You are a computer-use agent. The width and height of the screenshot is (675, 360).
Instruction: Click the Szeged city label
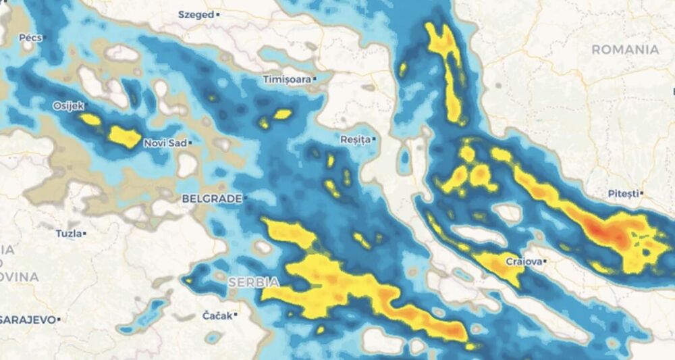tap(195, 14)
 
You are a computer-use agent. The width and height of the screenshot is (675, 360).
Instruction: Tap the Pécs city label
tap(30, 38)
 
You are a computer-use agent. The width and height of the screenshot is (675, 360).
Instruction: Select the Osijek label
tap(67, 106)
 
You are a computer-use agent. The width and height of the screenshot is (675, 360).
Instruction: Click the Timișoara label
tap(287, 80)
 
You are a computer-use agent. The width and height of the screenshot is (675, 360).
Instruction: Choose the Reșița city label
tap(355, 140)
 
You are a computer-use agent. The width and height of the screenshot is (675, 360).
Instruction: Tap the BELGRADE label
tap(211, 199)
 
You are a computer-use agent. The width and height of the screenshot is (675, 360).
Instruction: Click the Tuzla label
tap(68, 234)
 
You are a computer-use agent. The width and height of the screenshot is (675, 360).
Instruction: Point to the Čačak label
tap(217, 315)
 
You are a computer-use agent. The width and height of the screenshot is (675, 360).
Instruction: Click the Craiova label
tap(523, 261)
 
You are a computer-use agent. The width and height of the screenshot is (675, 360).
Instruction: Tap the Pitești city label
tap(622, 194)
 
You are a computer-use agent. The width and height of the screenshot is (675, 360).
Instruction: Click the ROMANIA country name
tap(625, 49)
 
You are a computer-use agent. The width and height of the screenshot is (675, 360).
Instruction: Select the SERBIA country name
tap(254, 281)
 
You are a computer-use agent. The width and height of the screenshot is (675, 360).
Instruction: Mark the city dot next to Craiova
tap(545, 261)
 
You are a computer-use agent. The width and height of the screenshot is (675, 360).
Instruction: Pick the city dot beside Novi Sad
tap(191, 143)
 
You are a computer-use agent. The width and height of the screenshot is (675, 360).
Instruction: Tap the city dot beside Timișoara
tap(315, 80)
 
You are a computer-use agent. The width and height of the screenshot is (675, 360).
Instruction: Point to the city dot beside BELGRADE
tap(246, 199)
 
